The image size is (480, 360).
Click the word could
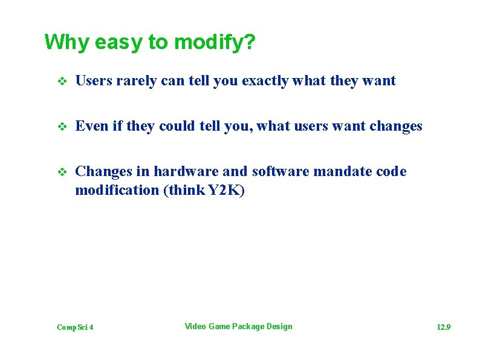178,126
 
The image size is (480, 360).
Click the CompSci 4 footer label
75,327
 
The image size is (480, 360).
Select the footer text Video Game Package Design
238,327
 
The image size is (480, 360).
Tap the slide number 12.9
444,327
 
